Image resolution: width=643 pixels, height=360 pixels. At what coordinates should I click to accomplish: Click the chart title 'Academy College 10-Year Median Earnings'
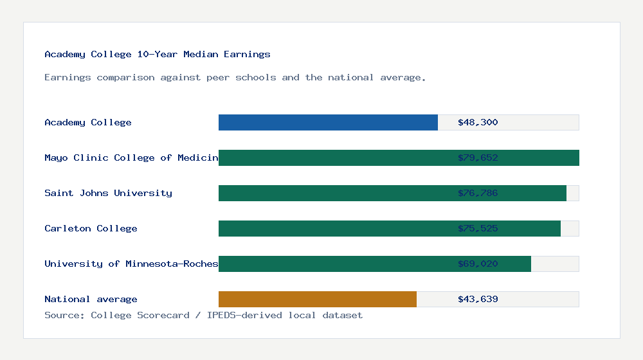(158, 55)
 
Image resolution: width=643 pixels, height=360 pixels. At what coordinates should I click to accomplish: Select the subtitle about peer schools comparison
(235, 78)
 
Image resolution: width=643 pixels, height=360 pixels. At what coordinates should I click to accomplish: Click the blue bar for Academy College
(328, 123)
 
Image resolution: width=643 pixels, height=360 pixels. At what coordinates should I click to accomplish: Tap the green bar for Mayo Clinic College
(334, 158)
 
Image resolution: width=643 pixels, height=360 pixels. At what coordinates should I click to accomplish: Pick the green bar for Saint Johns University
(334, 194)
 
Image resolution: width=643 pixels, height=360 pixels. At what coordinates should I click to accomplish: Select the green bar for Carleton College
(334, 229)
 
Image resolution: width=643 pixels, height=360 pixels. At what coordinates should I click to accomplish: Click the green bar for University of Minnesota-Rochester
(334, 264)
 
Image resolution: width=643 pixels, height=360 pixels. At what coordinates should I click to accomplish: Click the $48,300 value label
(478, 123)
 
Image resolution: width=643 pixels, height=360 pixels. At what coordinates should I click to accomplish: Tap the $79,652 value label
(478, 158)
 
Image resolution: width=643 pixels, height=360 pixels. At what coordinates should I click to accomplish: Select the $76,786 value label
(478, 194)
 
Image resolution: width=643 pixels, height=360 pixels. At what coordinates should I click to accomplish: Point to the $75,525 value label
(478, 229)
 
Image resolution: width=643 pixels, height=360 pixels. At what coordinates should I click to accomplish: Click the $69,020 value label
(478, 264)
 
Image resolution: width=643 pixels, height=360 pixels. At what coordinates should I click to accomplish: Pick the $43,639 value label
(478, 300)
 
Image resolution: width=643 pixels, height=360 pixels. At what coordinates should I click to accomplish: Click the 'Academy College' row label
(88, 123)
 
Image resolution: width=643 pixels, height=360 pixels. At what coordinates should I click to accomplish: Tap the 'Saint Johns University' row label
(108, 194)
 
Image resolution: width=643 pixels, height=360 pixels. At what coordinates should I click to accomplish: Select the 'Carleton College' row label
(91, 229)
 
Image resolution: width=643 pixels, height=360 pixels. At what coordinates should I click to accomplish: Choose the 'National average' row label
(91, 300)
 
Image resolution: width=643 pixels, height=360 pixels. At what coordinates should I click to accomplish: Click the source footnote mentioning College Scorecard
(203, 316)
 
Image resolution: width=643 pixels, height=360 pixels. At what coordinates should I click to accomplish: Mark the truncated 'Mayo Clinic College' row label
(131, 158)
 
